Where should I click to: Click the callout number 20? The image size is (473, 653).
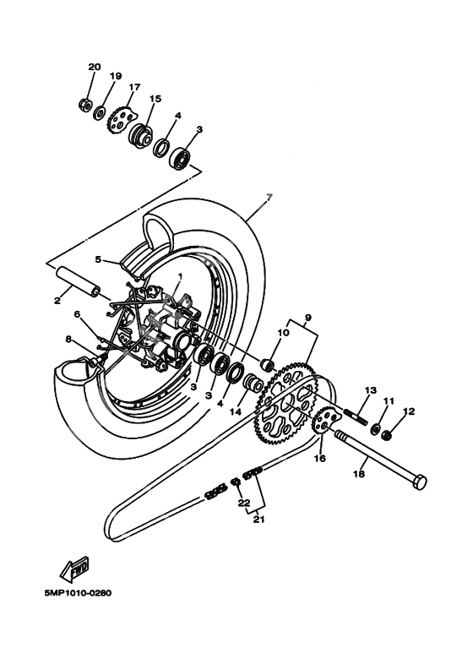coord(94,67)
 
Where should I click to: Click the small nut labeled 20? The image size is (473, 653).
coord(84,104)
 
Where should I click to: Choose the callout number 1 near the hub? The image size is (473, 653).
coord(179,277)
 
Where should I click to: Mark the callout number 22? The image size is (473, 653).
coord(245,504)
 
